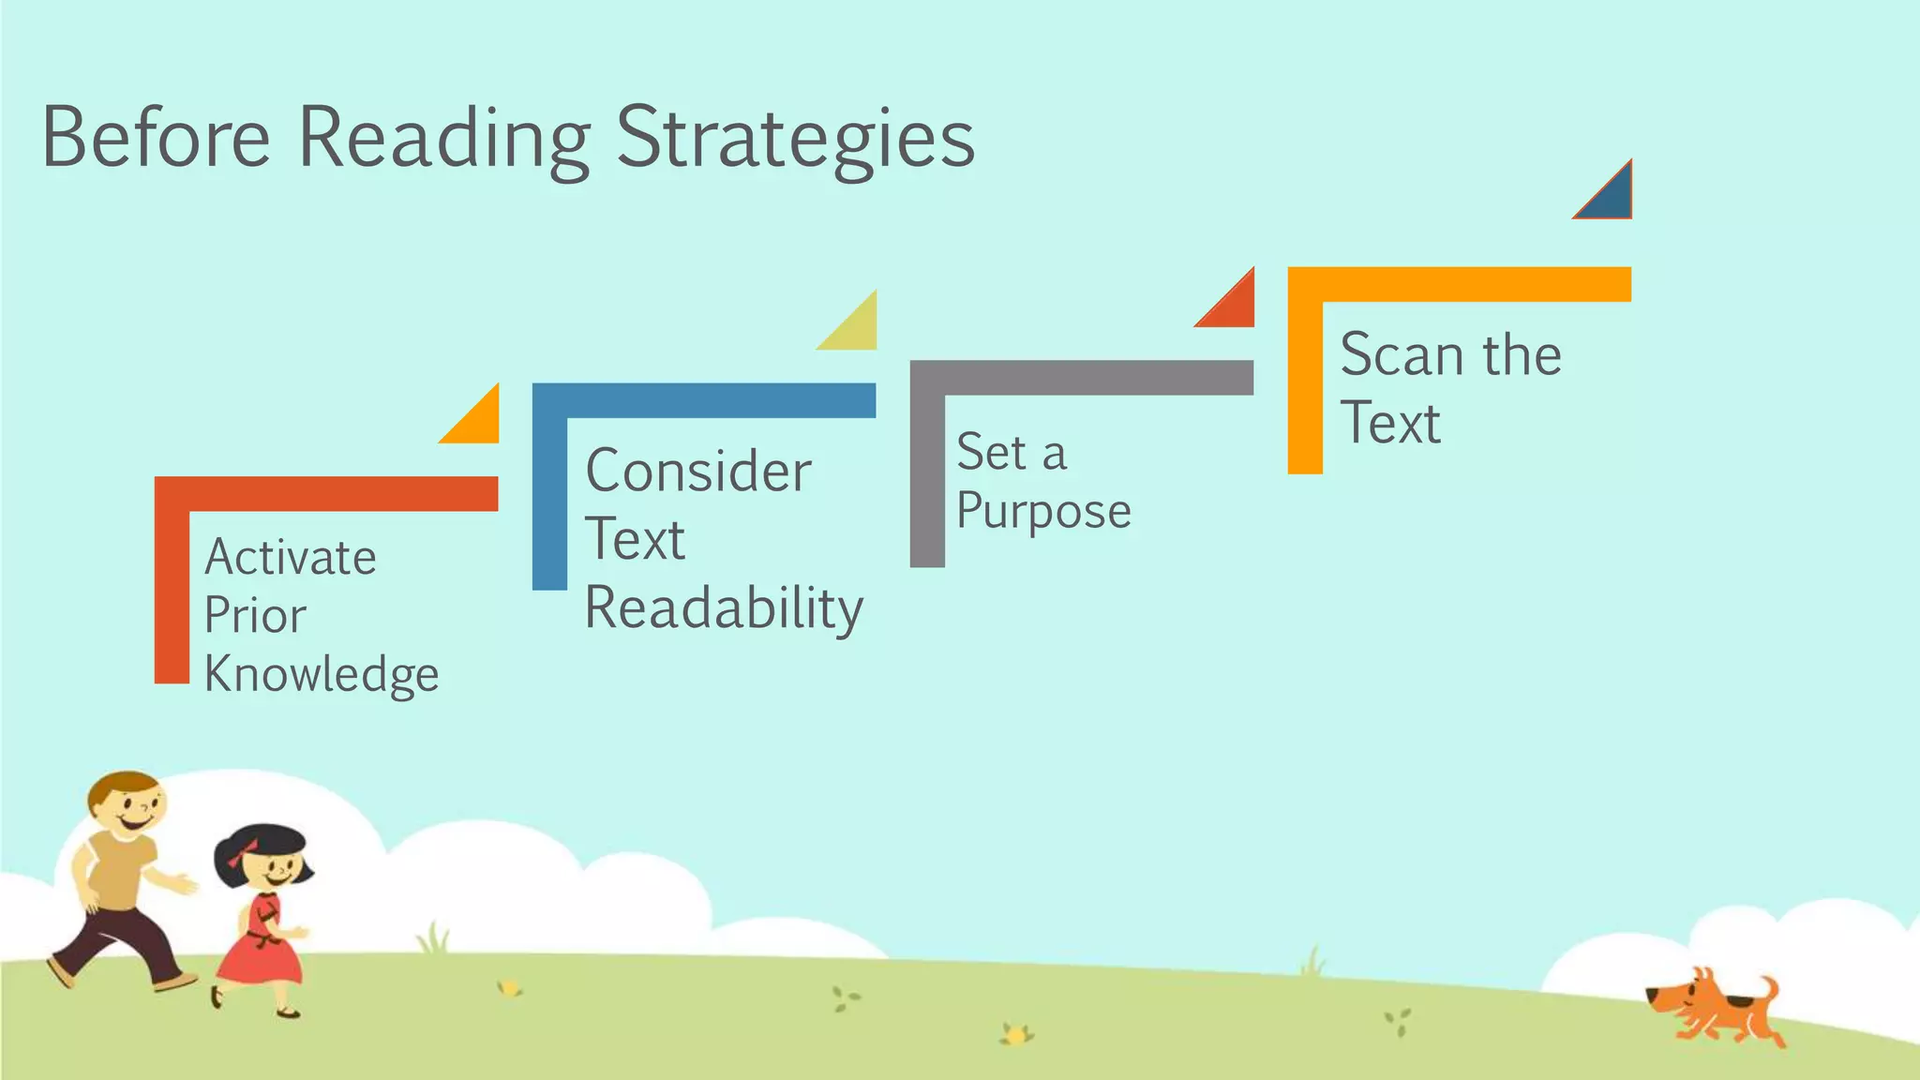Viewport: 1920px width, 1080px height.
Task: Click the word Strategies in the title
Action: click(x=795, y=139)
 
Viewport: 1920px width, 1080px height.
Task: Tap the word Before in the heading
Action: click(x=156, y=139)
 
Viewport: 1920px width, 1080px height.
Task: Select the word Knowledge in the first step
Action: click(x=322, y=675)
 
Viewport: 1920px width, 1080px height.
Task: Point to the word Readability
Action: click(x=724, y=608)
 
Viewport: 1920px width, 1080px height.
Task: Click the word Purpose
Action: click(x=1043, y=512)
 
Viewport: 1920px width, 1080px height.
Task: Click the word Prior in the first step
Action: click(x=255, y=616)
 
